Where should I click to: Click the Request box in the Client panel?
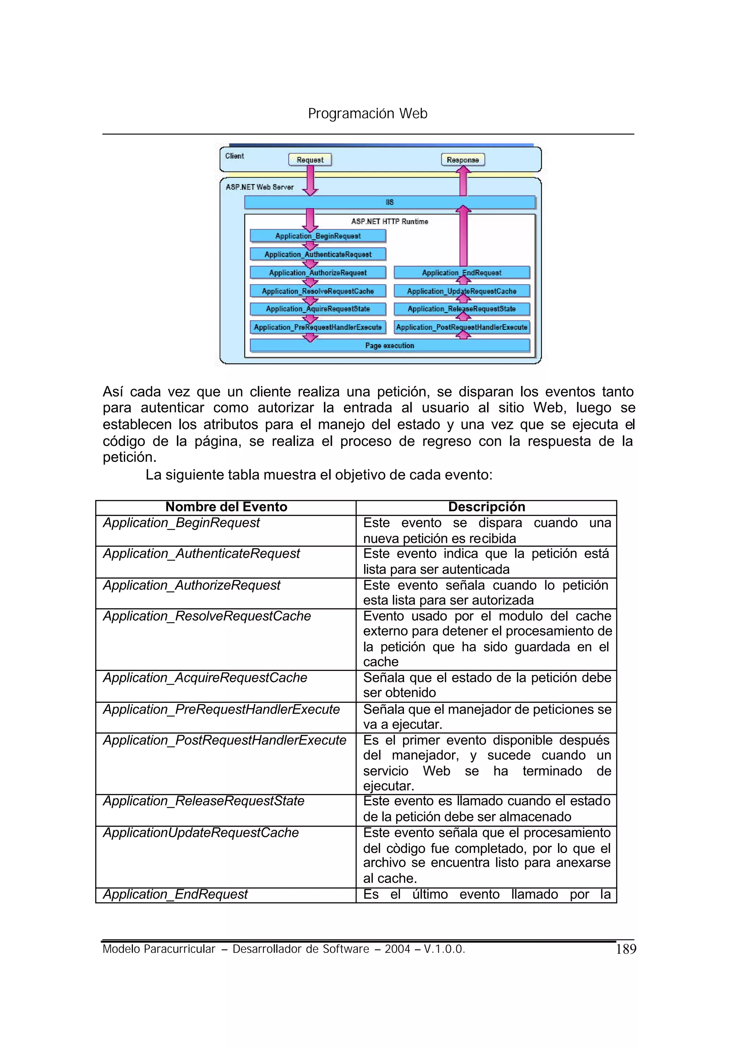point(310,160)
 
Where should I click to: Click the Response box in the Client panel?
point(462,160)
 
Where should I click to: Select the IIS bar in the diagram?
point(389,202)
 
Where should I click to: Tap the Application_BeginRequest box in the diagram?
point(317,236)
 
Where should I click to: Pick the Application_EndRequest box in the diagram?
point(462,273)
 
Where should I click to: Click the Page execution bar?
point(389,345)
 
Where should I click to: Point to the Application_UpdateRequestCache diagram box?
point(462,291)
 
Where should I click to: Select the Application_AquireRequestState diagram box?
point(317,309)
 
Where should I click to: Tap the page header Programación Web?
point(367,113)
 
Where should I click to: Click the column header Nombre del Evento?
point(226,507)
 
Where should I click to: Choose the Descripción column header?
point(486,507)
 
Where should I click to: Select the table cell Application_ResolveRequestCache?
point(207,616)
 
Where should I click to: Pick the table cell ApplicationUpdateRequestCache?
point(201,832)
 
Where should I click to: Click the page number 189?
point(625,949)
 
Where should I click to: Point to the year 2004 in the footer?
point(397,949)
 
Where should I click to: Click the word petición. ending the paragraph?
point(129,457)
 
